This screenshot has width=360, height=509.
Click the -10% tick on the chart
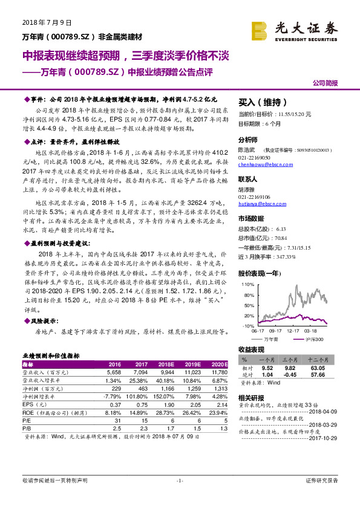coord(247,326)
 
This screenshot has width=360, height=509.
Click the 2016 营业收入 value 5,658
coord(114,372)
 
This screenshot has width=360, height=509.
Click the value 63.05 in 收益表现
coord(317,367)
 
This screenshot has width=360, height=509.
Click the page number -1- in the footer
coord(180,497)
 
